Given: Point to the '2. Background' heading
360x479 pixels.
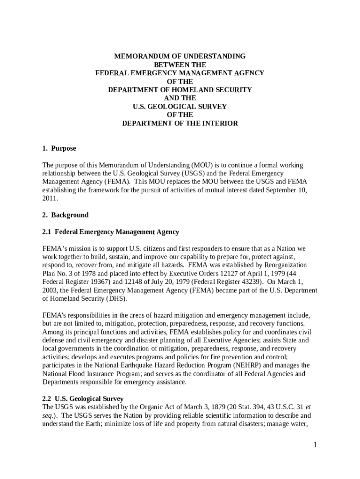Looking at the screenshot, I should pyautogui.click(x=65, y=215).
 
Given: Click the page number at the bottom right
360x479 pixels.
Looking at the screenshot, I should pyautogui.click(x=316, y=445).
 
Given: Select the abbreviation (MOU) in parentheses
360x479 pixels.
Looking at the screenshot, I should pyautogui.click(x=202, y=165).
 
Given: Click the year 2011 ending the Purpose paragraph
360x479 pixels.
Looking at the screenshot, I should pyautogui.click(x=50, y=199).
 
